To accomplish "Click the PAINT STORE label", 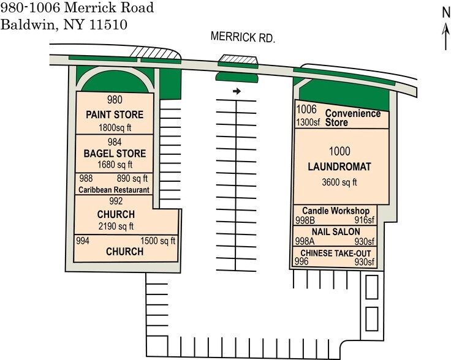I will (x=115, y=114).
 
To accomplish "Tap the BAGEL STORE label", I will (x=115, y=153).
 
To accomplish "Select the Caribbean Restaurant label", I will (x=114, y=190).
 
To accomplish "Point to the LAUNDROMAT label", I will (x=341, y=167).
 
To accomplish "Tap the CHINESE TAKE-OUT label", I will (x=335, y=253).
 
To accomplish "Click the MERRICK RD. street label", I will (x=243, y=37).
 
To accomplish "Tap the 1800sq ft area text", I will (x=115, y=128).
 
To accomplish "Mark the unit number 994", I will (x=83, y=241).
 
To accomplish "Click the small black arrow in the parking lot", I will (x=237, y=91).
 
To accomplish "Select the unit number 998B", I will (x=306, y=220).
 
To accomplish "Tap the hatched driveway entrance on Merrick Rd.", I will (x=238, y=61).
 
